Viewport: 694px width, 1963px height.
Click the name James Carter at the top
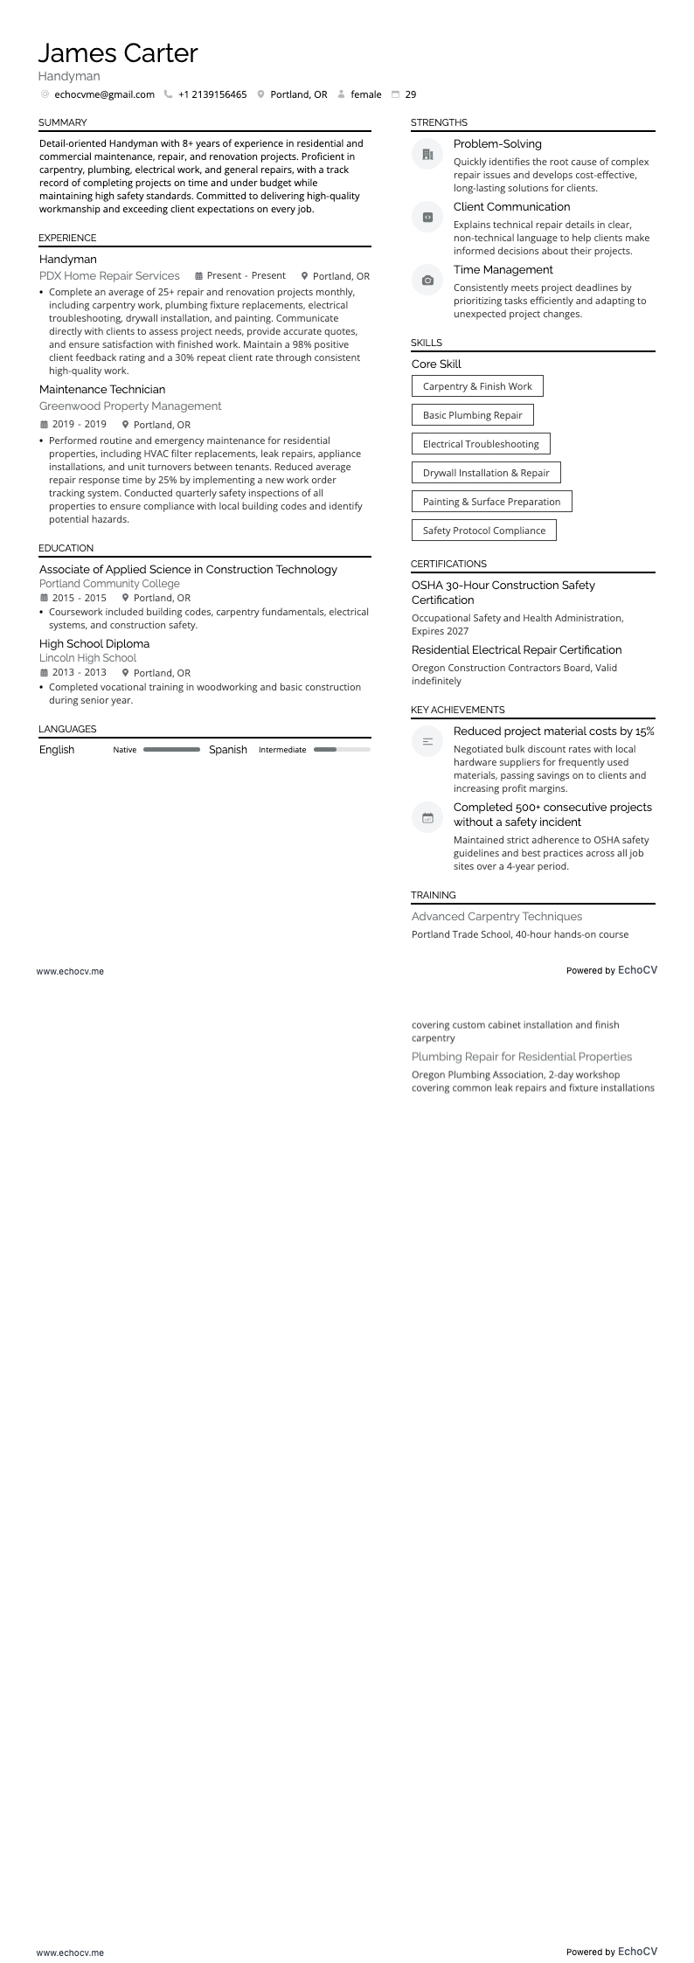pos(118,53)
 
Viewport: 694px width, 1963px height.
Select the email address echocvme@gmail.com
pos(104,94)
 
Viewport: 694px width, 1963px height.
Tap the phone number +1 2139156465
pos(212,94)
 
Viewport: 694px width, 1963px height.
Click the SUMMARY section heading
pos(63,122)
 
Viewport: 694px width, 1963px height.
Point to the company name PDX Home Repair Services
pos(109,276)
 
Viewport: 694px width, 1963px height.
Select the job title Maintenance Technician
pos(102,390)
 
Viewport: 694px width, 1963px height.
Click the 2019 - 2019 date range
pos(80,425)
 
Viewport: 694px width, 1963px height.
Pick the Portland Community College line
pos(109,584)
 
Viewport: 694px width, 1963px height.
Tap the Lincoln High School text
pos(87,658)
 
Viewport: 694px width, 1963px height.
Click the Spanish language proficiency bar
pos(342,750)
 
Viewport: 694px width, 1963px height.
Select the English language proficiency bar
pos(171,750)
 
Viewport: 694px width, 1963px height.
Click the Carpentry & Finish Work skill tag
pos(477,386)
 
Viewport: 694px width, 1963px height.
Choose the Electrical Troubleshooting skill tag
pos(481,444)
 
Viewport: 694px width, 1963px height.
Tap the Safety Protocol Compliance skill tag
pos(483,531)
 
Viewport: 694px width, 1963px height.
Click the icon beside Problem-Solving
pos(427,155)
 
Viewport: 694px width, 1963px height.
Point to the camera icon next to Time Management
pos(427,281)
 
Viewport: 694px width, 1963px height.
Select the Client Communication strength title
pos(511,207)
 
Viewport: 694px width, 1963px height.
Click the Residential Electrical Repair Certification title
pos(517,650)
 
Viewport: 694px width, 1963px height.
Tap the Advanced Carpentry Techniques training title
pos(496,917)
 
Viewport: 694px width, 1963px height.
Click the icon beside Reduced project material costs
pos(427,742)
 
